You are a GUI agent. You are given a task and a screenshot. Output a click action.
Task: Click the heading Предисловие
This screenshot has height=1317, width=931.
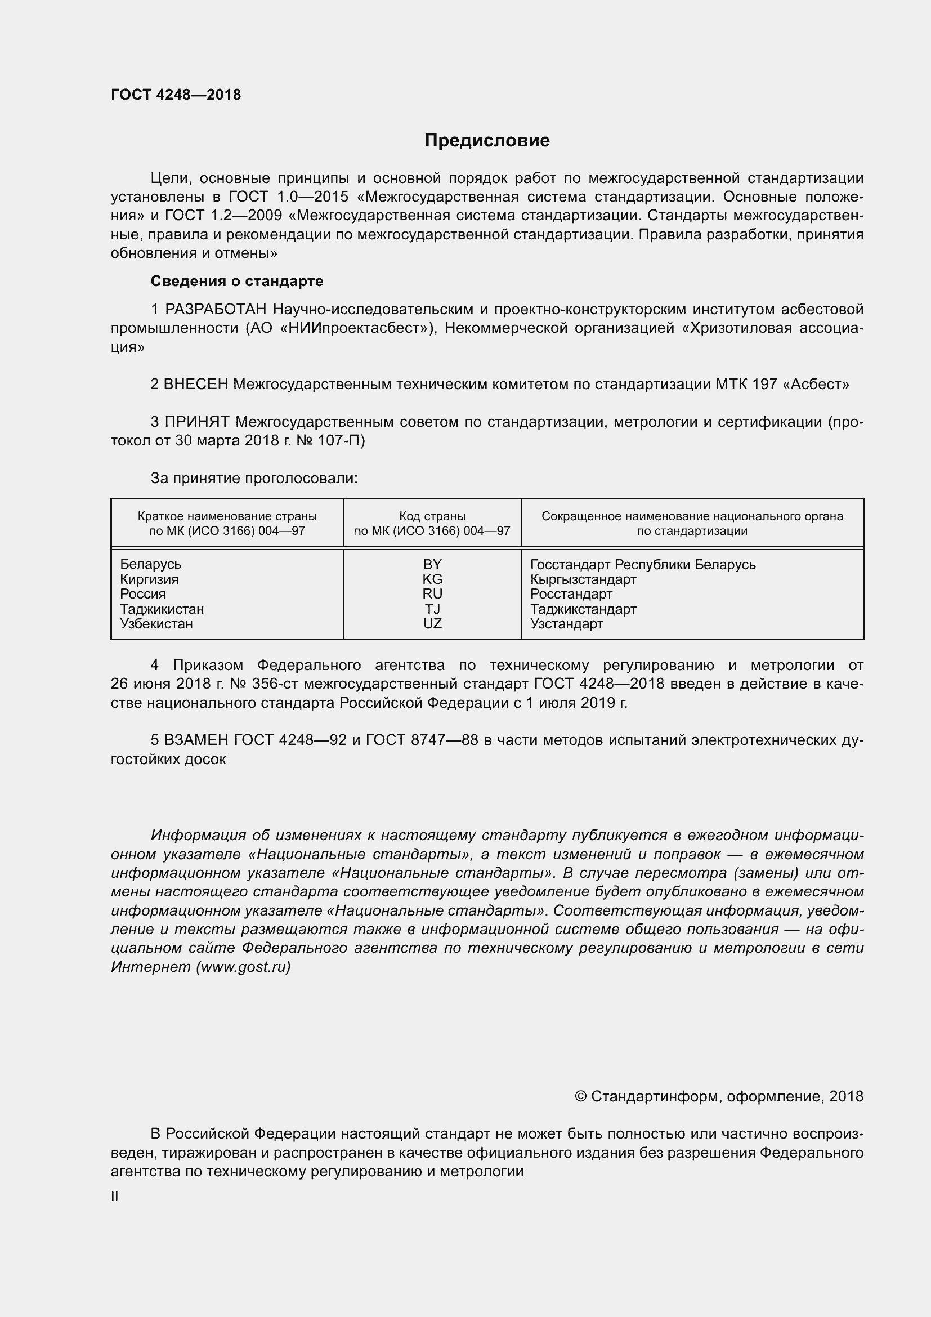coord(487,141)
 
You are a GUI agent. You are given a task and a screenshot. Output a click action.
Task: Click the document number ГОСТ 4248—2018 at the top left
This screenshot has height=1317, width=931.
coord(176,95)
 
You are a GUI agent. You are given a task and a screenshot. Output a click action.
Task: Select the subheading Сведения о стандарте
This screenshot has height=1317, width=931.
coord(237,281)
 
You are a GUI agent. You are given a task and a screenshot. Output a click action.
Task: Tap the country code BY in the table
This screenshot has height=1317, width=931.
coord(432,564)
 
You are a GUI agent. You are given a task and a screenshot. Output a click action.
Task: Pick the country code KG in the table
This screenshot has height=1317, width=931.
coord(432,579)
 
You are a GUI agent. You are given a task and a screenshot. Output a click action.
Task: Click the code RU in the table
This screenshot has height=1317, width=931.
coord(432,593)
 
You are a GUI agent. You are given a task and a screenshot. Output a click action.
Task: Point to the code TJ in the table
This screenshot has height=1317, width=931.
coord(432,609)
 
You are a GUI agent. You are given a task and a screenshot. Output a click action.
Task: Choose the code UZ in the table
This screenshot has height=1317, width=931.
coord(432,623)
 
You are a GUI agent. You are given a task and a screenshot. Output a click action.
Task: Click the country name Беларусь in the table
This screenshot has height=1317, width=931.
coord(150,564)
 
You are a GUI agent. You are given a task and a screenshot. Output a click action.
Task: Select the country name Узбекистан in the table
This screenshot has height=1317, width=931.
coord(156,623)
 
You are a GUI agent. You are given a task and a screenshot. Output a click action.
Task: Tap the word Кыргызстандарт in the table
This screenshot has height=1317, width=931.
coord(583,579)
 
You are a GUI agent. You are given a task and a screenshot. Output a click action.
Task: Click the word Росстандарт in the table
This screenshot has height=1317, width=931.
coord(571,593)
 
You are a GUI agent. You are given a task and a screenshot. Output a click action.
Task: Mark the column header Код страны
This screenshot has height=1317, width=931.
coord(432,516)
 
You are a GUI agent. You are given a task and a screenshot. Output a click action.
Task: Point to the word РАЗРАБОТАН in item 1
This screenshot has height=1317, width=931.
coord(216,310)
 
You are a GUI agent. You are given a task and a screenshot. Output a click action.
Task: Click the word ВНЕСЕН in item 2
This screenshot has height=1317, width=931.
coord(196,385)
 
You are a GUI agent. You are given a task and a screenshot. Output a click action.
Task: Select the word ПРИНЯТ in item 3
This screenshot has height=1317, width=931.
coord(196,422)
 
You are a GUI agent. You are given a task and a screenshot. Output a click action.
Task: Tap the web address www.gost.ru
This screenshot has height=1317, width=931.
coord(243,967)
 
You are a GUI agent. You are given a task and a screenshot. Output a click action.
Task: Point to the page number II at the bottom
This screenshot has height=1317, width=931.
coord(115,1197)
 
